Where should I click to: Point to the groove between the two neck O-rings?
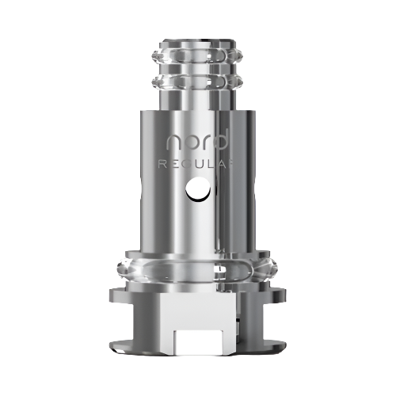(198, 76)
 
